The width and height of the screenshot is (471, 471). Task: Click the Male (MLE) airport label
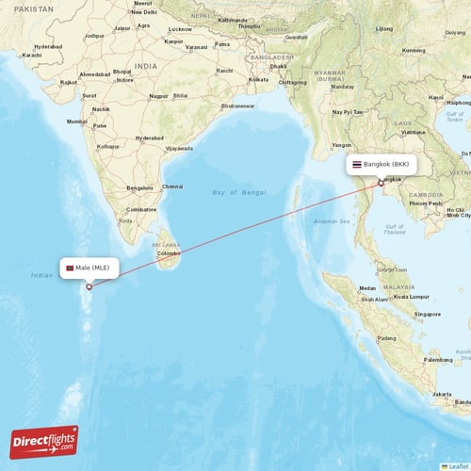tap(97, 268)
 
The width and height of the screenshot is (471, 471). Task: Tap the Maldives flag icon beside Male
tap(69, 268)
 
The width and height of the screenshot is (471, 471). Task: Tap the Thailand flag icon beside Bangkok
tap(356, 164)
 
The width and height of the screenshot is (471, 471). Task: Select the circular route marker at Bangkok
tap(381, 183)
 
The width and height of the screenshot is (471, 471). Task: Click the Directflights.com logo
tap(44, 441)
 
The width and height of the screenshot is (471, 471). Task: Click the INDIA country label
tap(146, 66)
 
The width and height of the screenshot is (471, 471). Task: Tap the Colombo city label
tap(170, 253)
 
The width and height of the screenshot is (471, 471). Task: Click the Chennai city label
tap(172, 187)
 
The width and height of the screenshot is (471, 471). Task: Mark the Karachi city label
tap(31, 56)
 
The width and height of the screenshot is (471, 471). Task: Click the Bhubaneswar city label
tap(236, 106)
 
